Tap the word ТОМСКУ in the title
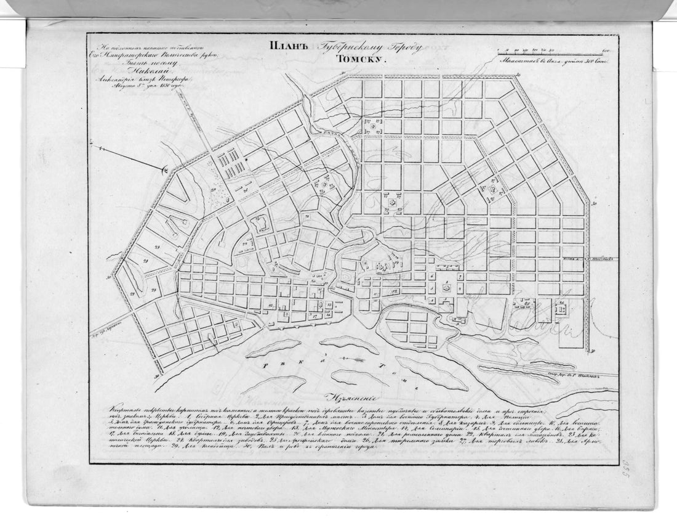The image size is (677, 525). click(x=360, y=60)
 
